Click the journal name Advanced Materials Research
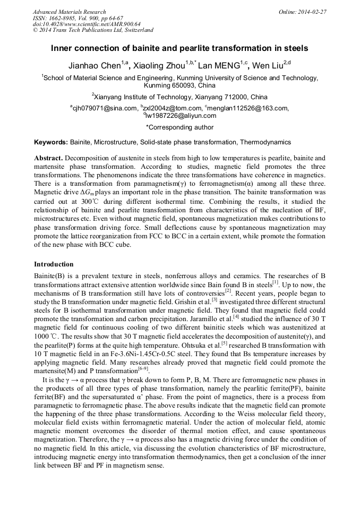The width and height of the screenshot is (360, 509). tap(69, 12)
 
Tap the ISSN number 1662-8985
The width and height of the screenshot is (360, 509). tap(64, 18)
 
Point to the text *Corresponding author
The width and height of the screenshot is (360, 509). tap(179, 127)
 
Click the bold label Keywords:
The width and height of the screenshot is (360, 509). tap(51, 143)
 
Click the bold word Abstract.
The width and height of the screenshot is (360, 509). tap(48, 159)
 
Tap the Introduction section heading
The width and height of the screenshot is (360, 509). tap(54, 264)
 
